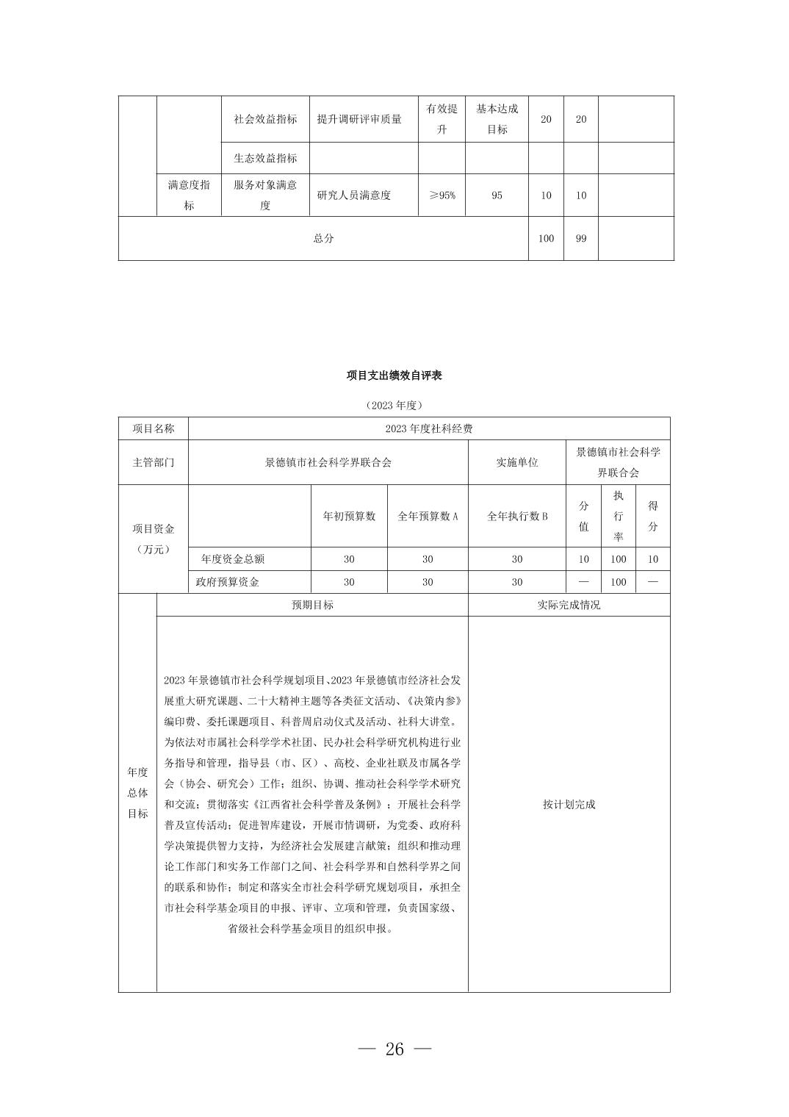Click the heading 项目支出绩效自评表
[394, 376]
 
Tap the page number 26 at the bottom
[394, 1049]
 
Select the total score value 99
[580, 238]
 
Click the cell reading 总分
[323, 238]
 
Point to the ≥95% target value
[442, 195]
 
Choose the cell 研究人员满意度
[354, 195]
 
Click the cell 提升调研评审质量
[359, 119]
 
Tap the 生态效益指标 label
[265, 158]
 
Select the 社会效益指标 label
[265, 119]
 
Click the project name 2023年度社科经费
[429, 428]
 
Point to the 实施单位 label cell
[517, 462]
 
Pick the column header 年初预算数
[349, 516]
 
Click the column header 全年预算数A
[428, 516]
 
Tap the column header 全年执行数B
[517, 516]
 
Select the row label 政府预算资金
[228, 582]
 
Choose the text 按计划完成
[569, 805]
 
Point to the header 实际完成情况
[569, 605]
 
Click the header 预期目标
[312, 605]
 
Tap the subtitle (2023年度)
[394, 405]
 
